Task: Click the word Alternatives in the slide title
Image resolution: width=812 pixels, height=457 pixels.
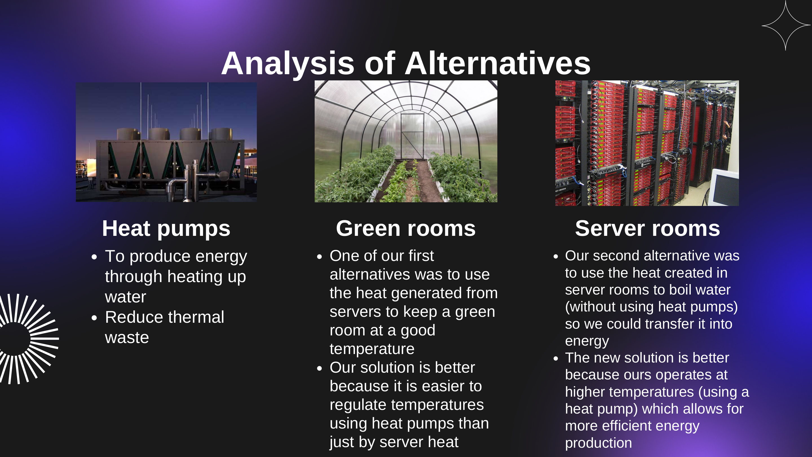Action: (x=497, y=64)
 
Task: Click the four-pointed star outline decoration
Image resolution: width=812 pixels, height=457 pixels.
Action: (x=785, y=25)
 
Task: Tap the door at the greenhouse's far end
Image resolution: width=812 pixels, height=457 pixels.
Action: (x=412, y=136)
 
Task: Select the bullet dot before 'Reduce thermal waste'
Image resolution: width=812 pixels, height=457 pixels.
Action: (x=94, y=318)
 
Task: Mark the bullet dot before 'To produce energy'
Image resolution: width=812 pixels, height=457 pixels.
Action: (x=94, y=257)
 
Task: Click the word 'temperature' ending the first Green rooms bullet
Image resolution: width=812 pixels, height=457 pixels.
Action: (x=372, y=349)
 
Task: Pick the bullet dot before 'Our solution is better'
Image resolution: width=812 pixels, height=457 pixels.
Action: (x=319, y=368)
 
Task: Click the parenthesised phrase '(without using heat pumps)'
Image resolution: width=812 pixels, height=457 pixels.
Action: (x=651, y=307)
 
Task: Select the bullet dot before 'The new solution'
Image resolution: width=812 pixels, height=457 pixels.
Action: (x=555, y=358)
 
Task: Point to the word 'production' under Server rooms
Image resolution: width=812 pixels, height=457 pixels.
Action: (x=598, y=443)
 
